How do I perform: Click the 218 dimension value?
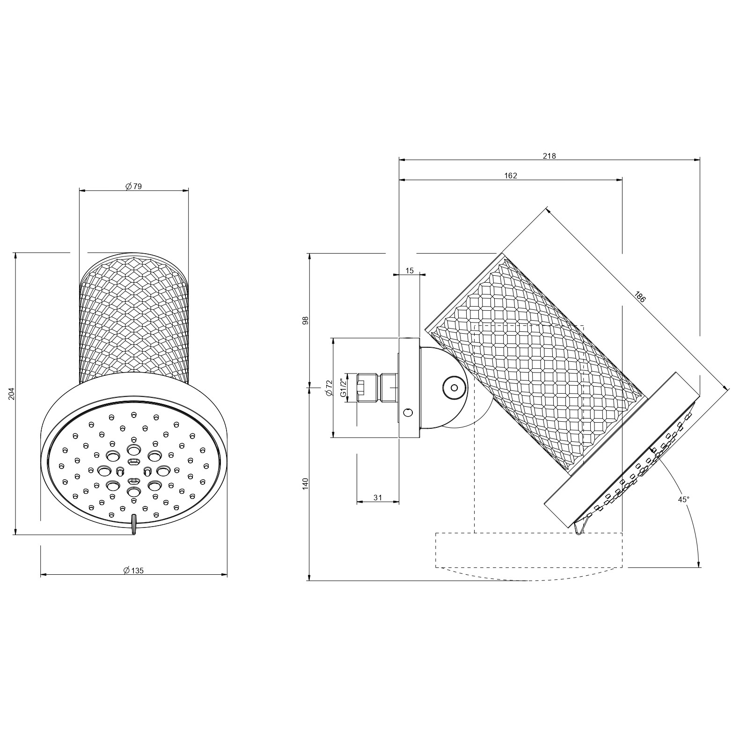[x=549, y=156]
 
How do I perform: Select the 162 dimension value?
[x=511, y=176]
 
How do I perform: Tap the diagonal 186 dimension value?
[x=640, y=297]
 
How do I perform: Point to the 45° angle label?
[x=684, y=499]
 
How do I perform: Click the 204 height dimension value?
[x=13, y=394]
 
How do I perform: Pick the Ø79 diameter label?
[x=134, y=186]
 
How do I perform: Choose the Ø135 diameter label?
[x=133, y=571]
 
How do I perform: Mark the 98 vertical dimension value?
[x=306, y=321]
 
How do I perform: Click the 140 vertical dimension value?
[x=306, y=484]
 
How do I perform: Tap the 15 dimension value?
[x=410, y=271]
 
